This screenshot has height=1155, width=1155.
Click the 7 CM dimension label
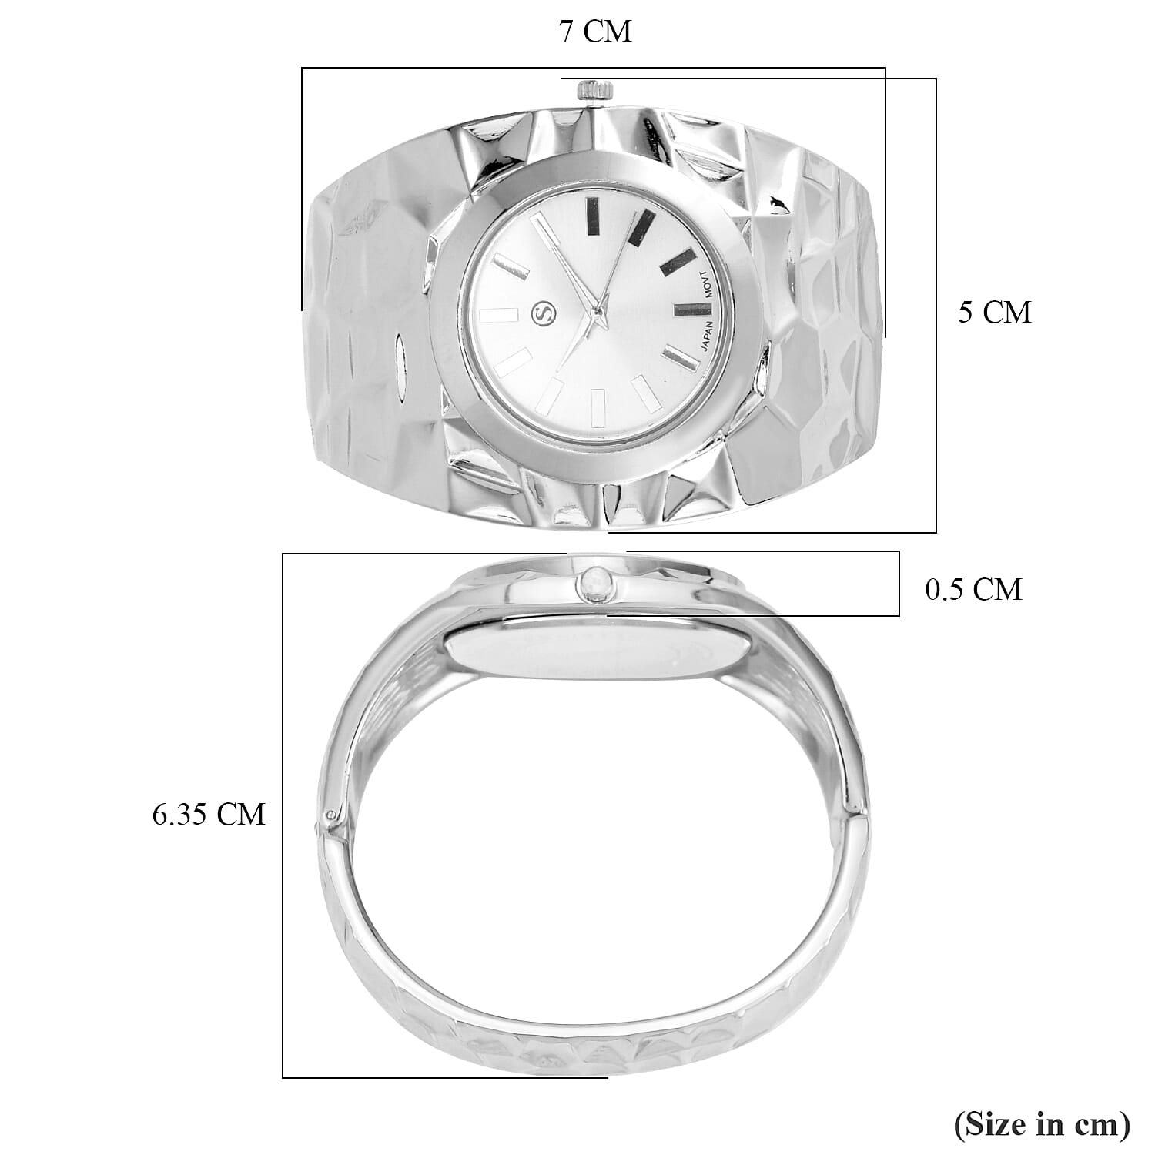(x=595, y=32)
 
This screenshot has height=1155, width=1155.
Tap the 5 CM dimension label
(x=994, y=313)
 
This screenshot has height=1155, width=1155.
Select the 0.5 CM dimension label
(x=973, y=589)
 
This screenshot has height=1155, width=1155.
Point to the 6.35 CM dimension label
(x=208, y=814)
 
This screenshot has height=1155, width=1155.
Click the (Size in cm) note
(x=1042, y=1124)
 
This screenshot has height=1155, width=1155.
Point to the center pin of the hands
(x=596, y=311)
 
